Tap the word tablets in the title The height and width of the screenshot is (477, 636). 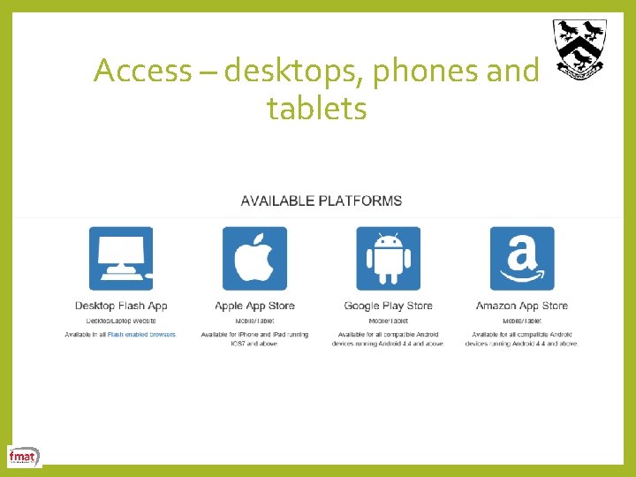(316, 110)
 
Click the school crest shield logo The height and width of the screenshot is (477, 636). (579, 48)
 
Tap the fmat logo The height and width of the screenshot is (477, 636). (23, 457)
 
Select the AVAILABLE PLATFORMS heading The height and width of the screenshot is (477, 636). (321, 201)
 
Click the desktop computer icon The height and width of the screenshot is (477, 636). (121, 259)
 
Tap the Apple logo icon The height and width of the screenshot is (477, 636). (254, 259)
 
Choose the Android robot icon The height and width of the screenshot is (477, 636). (389, 259)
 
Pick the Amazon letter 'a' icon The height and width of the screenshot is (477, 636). (522, 259)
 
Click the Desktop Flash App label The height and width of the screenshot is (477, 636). (121, 306)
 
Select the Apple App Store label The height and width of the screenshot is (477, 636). (254, 306)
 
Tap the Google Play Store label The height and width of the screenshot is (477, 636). (389, 306)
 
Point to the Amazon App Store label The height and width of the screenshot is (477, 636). (522, 306)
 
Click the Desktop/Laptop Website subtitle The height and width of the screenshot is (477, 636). (121, 321)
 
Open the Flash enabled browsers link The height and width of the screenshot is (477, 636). (141, 335)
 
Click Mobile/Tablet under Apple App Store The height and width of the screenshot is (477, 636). (254, 321)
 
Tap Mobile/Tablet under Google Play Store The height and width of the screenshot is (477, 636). (389, 321)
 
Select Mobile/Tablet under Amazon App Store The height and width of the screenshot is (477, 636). (522, 321)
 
